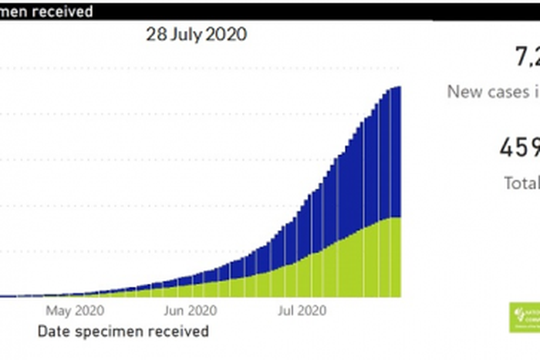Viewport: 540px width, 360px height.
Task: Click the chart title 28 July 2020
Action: pyautogui.click(x=197, y=35)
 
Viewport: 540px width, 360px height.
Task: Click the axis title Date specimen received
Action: pyautogui.click(x=123, y=331)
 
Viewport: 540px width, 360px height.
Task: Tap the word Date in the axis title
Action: pyautogui.click(x=52, y=331)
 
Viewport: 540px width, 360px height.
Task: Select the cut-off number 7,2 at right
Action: pyautogui.click(x=527, y=57)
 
